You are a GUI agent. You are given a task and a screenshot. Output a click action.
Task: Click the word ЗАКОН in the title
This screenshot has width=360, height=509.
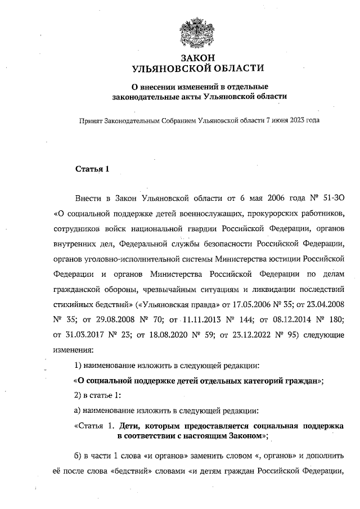coord(196,58)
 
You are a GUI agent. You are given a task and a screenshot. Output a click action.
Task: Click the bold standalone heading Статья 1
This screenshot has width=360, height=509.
coord(91,169)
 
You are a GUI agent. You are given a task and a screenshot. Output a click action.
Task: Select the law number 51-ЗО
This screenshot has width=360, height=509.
coord(329,199)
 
